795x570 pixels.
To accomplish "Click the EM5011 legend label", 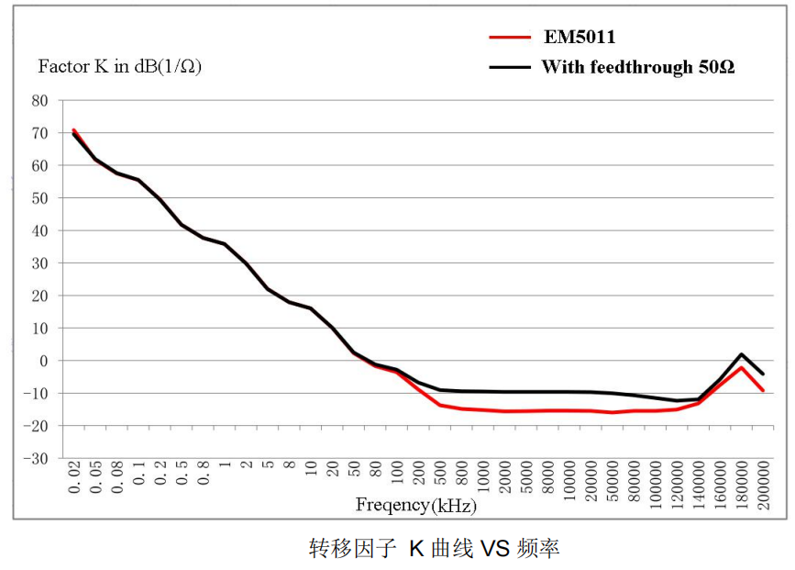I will tap(578, 38).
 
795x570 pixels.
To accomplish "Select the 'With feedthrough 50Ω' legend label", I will tap(637, 67).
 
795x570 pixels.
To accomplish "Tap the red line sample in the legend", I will tap(510, 38).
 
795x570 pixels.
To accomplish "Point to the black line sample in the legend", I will tap(510, 67).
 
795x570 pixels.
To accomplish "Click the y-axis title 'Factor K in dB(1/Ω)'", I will tap(119, 67).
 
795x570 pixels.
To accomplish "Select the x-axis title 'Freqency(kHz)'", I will tap(416, 504).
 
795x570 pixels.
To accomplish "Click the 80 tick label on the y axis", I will tap(39, 100).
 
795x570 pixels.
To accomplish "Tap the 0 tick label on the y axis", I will tap(42, 361).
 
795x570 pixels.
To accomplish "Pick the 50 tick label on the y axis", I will tap(39, 198).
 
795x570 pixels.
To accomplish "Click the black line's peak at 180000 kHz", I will tap(741, 354).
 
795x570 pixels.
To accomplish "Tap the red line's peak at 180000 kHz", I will tap(741, 367).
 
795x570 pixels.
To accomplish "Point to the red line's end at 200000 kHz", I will tap(763, 390).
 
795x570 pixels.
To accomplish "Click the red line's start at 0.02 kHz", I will tap(73, 130).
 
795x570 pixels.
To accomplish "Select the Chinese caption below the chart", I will tap(434, 549).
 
